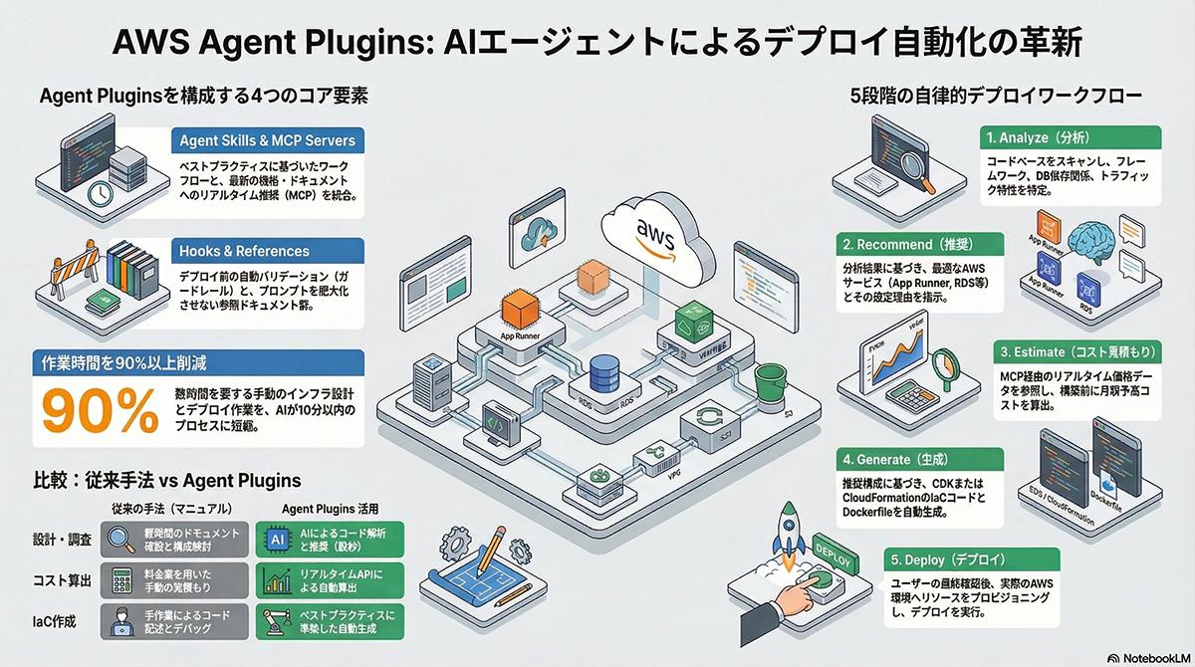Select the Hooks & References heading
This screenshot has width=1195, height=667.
[x=245, y=251]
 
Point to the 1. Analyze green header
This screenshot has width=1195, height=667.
[x=1036, y=136]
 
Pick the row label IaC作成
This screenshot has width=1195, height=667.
[x=61, y=624]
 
